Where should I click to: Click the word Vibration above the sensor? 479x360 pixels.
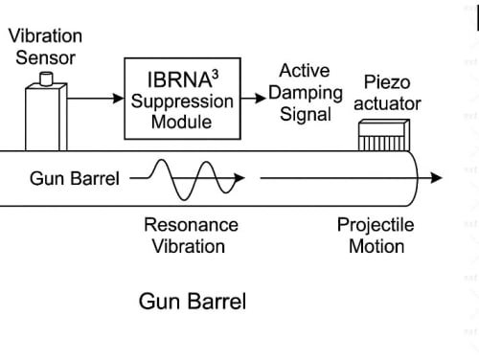click(x=45, y=35)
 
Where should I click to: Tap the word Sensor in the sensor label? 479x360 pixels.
click(x=45, y=57)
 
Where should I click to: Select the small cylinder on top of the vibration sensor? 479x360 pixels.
click(x=46, y=79)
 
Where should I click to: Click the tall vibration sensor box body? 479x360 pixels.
click(x=46, y=117)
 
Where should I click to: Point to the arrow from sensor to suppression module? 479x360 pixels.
click(x=96, y=98)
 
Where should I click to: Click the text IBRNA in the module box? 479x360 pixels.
click(x=179, y=79)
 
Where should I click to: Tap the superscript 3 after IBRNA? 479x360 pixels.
click(x=216, y=75)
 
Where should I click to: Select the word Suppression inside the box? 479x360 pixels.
click(x=182, y=101)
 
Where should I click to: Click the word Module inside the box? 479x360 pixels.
click(x=181, y=122)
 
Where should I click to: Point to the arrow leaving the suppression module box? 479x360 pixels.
click(x=253, y=98)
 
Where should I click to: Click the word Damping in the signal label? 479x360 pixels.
click(x=306, y=93)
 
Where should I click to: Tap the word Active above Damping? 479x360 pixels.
click(x=305, y=71)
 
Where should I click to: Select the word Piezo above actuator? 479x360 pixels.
click(x=387, y=82)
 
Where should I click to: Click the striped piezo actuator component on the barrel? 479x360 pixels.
click(x=384, y=135)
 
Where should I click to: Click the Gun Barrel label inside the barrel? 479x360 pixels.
click(x=75, y=178)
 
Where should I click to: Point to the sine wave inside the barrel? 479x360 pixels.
click(x=192, y=180)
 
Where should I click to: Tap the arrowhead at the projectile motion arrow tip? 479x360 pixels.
click(x=437, y=178)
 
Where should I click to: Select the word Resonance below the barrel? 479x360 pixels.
click(x=191, y=225)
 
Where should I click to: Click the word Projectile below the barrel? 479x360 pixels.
click(x=376, y=225)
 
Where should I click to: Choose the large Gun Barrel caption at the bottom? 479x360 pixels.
click(x=193, y=302)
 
